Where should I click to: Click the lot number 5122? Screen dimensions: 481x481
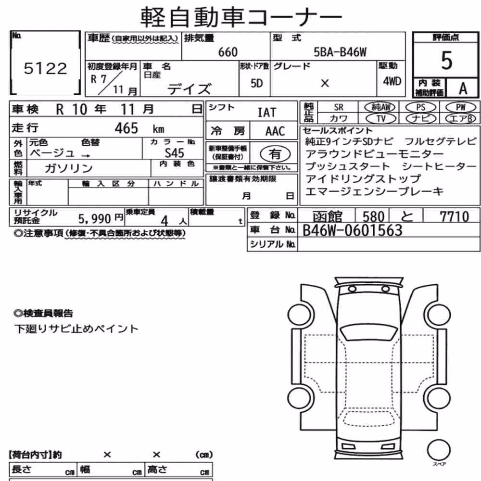pos(45,68)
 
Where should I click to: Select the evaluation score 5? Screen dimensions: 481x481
pos(446,61)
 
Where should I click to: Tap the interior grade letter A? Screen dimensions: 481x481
pos(463,89)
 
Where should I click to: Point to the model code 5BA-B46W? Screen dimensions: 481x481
pos(340,52)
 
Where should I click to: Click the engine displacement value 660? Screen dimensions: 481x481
pos(228,52)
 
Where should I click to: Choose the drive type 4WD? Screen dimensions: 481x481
pos(392,81)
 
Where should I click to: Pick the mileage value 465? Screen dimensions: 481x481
pos(127,128)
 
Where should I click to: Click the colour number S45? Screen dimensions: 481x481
pos(174,153)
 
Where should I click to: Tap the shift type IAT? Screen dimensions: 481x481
pos(266,112)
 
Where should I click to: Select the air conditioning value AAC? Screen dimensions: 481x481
pos(275,131)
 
